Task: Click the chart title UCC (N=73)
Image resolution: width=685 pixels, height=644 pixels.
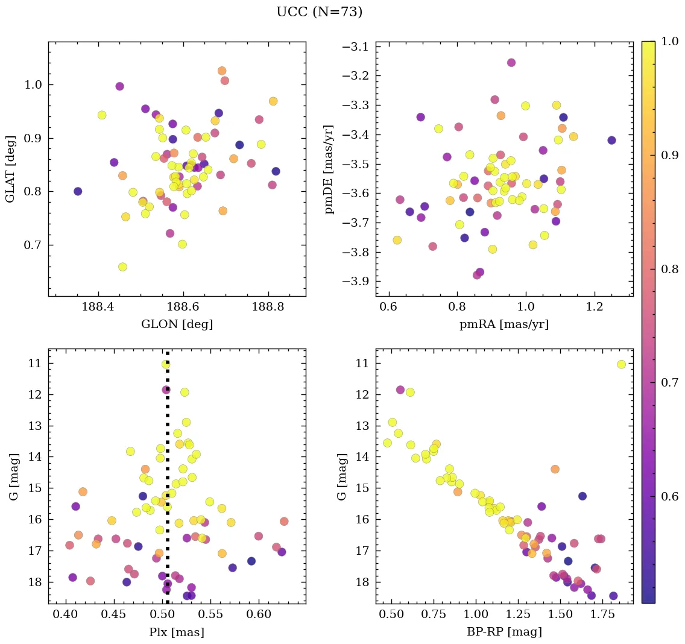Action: [319, 12]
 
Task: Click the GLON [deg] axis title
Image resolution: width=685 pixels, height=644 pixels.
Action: [177, 324]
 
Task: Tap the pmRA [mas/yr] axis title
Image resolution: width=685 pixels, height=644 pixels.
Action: [504, 324]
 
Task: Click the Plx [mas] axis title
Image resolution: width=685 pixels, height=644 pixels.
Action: [177, 632]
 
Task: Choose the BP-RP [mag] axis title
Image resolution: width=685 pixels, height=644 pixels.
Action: [504, 632]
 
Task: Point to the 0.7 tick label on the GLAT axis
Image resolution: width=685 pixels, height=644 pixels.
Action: [34, 245]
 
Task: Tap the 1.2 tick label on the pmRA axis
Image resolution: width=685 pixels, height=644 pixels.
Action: [595, 307]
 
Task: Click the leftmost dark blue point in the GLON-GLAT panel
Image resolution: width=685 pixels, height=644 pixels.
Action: [78, 191]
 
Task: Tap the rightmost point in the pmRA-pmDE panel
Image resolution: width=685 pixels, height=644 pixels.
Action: [611, 140]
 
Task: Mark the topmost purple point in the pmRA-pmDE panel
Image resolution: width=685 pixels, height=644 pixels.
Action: [511, 63]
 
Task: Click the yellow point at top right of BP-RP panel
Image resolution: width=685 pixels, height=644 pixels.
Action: [622, 364]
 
